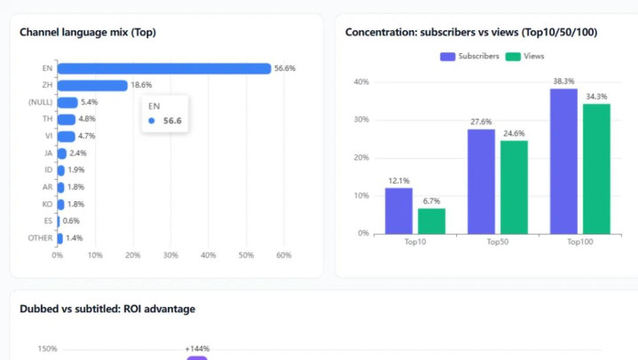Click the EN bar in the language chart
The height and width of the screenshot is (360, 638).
tap(164, 68)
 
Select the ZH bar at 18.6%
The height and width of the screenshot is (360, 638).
tap(92, 85)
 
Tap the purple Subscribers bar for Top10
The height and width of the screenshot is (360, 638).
tap(398, 210)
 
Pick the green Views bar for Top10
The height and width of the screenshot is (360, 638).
tap(431, 221)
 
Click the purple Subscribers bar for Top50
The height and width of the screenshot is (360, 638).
tap(481, 181)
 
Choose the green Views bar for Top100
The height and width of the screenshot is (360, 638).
tap(596, 168)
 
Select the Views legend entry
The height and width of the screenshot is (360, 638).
tap(526, 56)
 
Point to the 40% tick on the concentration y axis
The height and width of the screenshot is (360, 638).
tap(361, 82)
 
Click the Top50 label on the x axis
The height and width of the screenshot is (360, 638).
tap(498, 241)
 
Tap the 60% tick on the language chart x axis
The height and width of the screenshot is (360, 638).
tap(284, 255)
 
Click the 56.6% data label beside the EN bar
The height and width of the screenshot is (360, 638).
tap(285, 68)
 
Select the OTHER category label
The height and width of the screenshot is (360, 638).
tap(41, 239)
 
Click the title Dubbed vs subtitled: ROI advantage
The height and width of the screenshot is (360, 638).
tap(107, 309)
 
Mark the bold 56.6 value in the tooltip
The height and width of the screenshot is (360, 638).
tap(173, 121)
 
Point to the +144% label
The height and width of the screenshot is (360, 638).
tap(197, 348)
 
